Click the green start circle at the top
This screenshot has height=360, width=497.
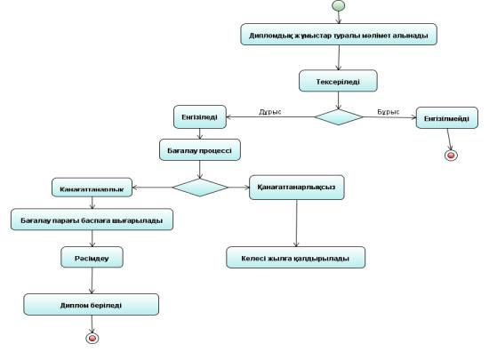coord(338,8)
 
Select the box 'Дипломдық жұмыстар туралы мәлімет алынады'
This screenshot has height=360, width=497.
coord(338,36)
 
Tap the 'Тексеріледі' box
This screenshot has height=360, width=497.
coord(338,81)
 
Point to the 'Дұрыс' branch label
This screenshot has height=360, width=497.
coord(269,112)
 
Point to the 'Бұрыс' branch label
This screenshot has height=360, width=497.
coord(388,112)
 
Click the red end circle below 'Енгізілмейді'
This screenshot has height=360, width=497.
coord(452,156)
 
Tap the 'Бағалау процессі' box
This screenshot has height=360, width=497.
coord(199,151)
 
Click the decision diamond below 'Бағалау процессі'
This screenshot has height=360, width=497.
coord(200,188)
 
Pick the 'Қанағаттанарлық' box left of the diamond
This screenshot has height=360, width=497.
coord(92,188)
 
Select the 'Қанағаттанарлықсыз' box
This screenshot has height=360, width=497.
coord(298,188)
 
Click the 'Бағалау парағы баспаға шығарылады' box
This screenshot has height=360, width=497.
coord(92,219)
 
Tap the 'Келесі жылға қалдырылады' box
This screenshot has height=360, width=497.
coord(296,258)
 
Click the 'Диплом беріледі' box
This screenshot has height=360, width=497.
coord(92,304)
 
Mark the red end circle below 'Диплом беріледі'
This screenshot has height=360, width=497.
coord(91,338)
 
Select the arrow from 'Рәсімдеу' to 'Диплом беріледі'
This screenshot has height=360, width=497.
coord(92,281)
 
